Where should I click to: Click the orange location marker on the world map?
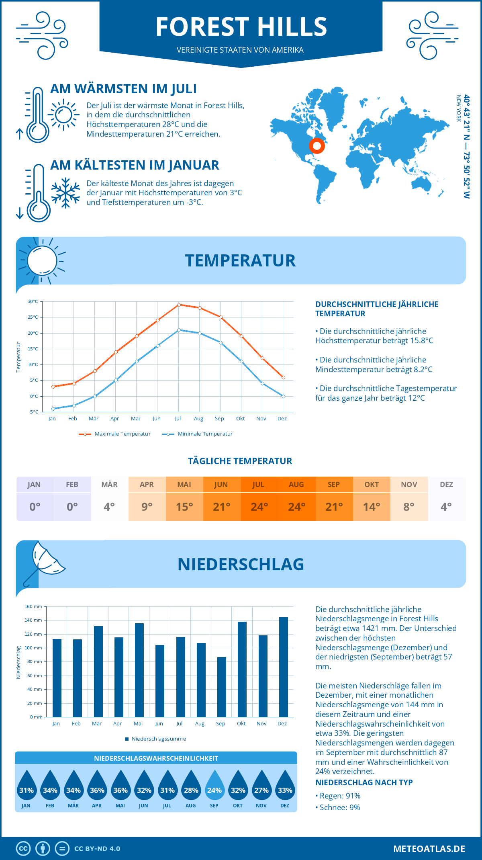pos(317,146)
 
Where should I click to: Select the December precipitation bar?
pos(284,667)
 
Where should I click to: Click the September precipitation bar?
pos(222,687)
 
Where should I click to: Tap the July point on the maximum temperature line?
pos(179,305)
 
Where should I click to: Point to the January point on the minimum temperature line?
pos(53,409)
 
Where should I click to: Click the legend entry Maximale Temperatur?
pos(115,434)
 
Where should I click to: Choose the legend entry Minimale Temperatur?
pos(198,434)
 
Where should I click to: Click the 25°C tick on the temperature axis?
pos(33,317)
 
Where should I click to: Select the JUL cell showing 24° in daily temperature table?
pos(259,507)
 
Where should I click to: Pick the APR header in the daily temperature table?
pos(147,485)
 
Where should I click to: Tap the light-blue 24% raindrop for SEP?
pos(214,786)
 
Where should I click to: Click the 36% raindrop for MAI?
pos(120,786)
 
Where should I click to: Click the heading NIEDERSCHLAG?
pos(241,564)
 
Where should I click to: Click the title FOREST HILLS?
pos(241,27)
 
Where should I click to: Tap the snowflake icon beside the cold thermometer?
pos(65,193)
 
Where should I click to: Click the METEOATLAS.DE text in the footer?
pos(429,849)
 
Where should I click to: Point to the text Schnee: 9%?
pos(339,807)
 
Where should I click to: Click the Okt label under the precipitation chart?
pos(241,723)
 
